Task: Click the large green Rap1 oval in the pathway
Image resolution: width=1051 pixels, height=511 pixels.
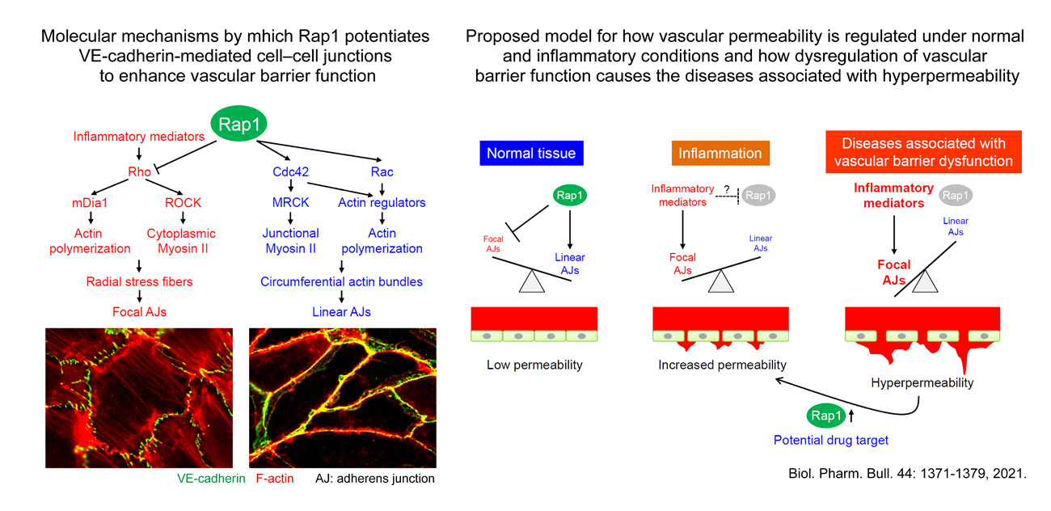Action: tap(238, 124)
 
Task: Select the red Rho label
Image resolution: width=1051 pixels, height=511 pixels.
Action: tap(139, 171)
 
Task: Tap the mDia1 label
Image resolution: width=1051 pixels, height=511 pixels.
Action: tap(90, 203)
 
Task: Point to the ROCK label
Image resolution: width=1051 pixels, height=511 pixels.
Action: tap(183, 203)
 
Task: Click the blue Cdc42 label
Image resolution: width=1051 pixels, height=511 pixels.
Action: tap(290, 171)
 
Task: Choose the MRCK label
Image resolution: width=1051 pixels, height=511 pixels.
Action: tap(290, 202)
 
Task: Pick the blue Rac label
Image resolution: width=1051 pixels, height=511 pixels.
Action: tap(382, 171)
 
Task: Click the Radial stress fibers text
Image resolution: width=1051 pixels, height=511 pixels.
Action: tap(139, 281)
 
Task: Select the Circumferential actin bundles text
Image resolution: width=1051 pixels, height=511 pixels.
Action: tap(341, 281)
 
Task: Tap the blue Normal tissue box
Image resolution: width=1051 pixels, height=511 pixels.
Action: tap(532, 153)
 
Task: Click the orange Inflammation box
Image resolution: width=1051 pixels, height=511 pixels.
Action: tap(720, 153)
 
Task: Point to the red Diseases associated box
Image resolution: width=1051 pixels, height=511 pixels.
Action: tap(924, 152)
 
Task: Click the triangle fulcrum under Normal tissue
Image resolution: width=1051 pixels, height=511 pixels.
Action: tap(532, 281)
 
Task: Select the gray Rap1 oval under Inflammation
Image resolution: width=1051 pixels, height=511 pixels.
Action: tap(758, 195)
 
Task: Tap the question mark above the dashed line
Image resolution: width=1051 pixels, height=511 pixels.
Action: tap(727, 189)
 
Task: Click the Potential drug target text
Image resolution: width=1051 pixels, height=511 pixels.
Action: tap(831, 440)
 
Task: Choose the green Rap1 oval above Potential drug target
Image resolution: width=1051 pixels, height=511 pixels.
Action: tap(826, 416)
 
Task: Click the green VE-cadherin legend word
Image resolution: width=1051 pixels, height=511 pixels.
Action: tap(211, 478)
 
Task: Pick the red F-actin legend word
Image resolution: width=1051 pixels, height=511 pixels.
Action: tap(275, 478)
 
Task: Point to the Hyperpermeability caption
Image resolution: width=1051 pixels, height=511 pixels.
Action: tap(922, 383)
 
